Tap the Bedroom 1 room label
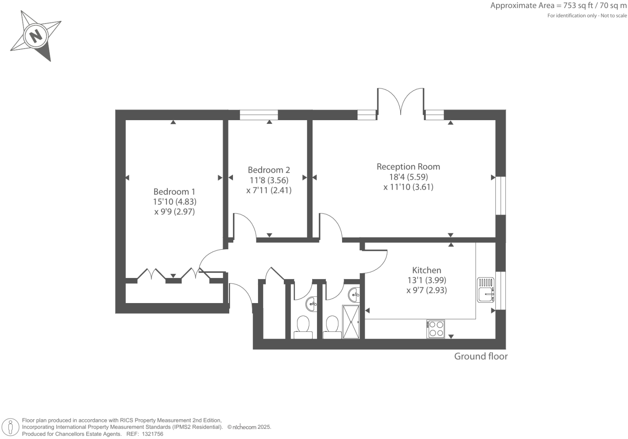[x=174, y=191]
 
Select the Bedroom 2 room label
[x=269, y=170]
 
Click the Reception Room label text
[x=408, y=166]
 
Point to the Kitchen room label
[x=427, y=270]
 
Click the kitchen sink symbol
[x=486, y=290]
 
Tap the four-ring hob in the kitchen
[x=436, y=329]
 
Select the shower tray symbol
[x=351, y=322]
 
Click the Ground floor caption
[x=480, y=356]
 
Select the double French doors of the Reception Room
[x=401, y=101]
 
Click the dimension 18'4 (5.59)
[x=408, y=177]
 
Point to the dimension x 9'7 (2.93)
[x=427, y=290]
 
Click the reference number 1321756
[x=151, y=434]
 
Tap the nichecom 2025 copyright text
[x=249, y=427]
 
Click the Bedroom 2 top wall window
[x=259, y=115]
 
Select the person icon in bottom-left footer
[x=11, y=427]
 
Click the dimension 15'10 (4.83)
[x=174, y=201]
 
